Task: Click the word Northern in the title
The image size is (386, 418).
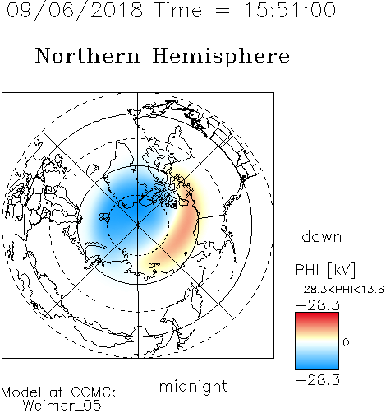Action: point(88,56)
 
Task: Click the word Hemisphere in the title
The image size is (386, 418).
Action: point(221,57)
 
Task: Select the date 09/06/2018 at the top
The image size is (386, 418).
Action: point(75,11)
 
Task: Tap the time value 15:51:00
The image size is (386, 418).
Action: point(290,11)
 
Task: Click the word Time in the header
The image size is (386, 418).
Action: point(178,11)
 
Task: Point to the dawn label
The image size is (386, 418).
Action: point(322,237)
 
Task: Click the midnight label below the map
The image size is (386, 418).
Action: point(193,387)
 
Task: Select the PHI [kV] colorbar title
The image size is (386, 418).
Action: point(326,270)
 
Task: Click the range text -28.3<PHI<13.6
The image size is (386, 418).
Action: point(340,290)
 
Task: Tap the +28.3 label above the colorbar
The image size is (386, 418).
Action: point(318,305)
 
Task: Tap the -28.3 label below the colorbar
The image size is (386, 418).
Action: point(318,380)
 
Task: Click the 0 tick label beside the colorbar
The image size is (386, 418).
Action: point(346,342)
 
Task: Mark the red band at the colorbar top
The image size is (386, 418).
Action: point(317,318)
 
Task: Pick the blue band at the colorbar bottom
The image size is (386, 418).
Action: point(317,364)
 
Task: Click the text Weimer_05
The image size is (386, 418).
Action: point(62,406)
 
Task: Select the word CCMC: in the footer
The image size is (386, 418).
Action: point(94,392)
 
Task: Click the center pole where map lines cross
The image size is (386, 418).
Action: point(138,225)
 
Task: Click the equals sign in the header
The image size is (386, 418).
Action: point(223,12)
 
